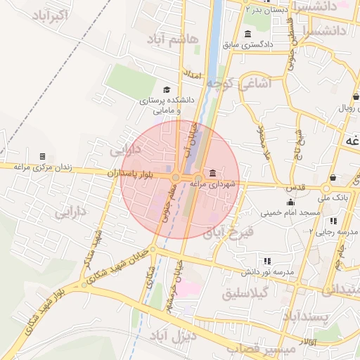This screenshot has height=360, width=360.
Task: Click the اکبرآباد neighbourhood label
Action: (x=46, y=15)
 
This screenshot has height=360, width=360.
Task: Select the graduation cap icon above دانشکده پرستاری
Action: (x=167, y=89)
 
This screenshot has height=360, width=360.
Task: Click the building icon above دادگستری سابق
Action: (x=247, y=34)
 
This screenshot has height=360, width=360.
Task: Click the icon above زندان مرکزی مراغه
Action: (x=42, y=156)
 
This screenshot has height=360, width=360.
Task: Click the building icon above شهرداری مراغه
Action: (x=212, y=173)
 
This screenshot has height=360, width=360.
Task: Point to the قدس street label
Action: (x=295, y=188)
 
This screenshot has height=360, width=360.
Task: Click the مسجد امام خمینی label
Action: (x=290, y=212)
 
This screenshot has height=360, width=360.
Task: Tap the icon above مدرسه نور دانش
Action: (x=266, y=260)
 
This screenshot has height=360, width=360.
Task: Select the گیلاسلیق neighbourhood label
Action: (x=245, y=293)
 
